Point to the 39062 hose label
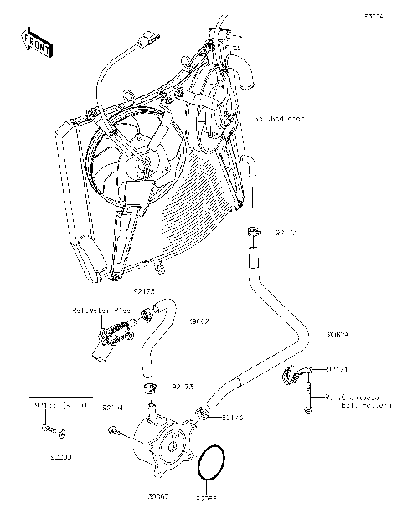click(198, 321)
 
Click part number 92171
click(338, 369)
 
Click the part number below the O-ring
click(206, 499)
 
